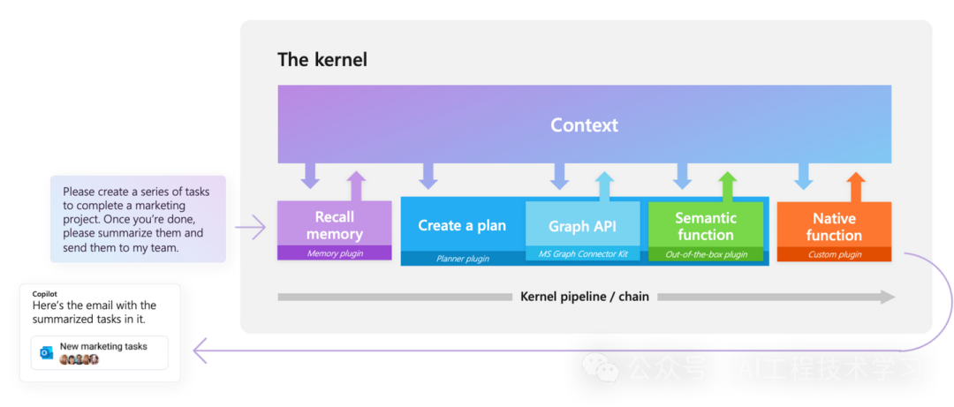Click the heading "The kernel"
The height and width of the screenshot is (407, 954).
322,60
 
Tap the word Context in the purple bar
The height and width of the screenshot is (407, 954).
584,125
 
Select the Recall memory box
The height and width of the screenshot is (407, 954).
334,224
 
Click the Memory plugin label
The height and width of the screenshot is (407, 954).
334,253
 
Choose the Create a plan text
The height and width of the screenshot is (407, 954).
462,225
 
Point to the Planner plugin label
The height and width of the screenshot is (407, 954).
462,259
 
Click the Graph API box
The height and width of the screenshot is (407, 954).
582,226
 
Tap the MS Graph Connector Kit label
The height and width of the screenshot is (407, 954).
582,254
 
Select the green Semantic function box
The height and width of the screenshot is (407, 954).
706,226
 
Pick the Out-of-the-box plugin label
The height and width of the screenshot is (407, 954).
706,254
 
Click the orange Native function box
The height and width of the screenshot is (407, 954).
834,226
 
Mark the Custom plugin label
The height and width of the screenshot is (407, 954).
834,254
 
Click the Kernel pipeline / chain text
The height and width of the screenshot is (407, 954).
585,297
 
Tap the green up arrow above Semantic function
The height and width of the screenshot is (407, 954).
727,185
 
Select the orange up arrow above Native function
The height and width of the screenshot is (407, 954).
855,185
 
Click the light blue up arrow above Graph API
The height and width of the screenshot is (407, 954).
604,185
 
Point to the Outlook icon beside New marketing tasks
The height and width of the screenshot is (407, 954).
47,352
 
